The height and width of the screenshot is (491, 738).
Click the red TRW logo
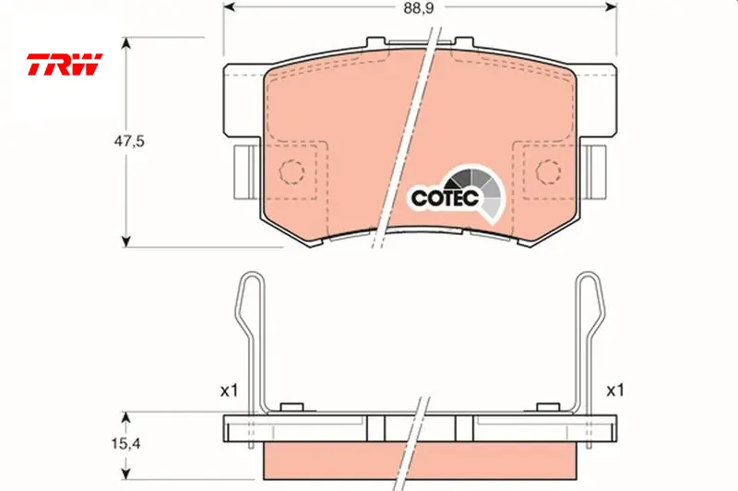tap(65, 64)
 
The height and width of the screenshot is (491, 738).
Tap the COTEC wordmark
tap(445, 198)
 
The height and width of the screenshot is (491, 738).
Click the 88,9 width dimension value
tap(418, 8)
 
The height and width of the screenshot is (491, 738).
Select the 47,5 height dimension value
tap(129, 141)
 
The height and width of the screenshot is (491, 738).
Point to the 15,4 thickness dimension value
tap(126, 443)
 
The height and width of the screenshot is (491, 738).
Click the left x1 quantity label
tap(229, 391)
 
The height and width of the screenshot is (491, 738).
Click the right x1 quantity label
tap(614, 391)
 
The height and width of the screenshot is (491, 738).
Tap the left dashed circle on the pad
tap(292, 172)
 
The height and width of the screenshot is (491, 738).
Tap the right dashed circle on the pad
tap(548, 172)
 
